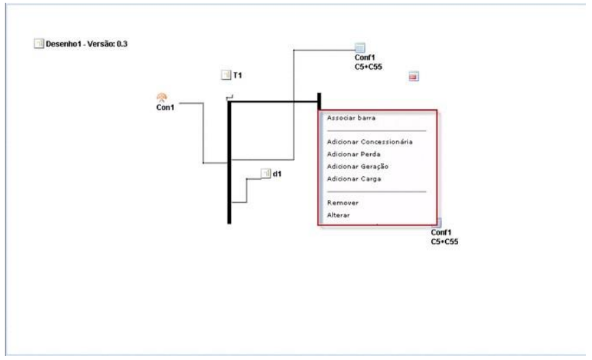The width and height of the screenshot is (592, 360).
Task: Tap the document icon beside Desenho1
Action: [38, 44]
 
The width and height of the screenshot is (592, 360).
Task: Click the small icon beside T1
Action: [225, 75]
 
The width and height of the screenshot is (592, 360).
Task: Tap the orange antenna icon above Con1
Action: [161, 97]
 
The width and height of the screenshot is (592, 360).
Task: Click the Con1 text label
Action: [165, 107]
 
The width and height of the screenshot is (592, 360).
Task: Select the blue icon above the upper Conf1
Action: [361, 47]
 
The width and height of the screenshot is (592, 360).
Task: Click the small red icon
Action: [413, 77]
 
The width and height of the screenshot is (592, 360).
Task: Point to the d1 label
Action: [277, 174]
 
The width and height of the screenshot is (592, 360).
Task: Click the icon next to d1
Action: [266, 174]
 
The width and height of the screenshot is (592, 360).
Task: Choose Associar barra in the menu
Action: [351, 117]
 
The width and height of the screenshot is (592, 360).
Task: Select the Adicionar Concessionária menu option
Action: [369, 142]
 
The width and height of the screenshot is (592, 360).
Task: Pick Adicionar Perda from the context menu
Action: [348, 154]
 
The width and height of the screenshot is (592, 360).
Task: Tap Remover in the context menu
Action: [343, 203]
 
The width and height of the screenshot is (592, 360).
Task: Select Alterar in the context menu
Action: [339, 215]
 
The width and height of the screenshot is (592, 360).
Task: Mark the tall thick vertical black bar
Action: [229, 164]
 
